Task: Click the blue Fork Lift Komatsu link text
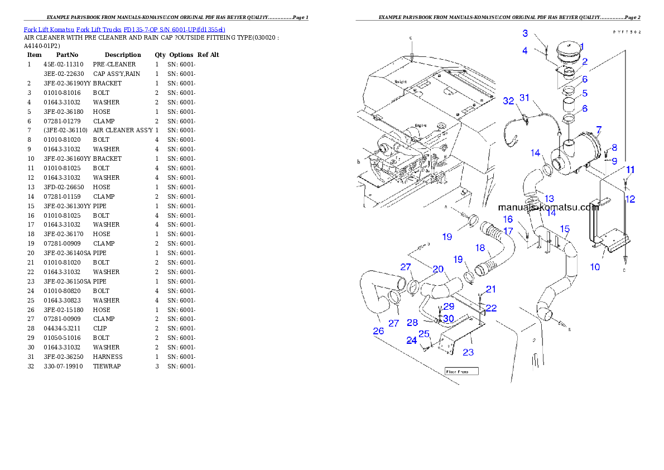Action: [x=124, y=29]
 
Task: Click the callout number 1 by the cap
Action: [x=581, y=46]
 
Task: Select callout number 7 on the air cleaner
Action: [x=598, y=130]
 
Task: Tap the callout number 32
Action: [x=508, y=101]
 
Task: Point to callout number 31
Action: [x=524, y=97]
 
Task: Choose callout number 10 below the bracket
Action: [x=595, y=267]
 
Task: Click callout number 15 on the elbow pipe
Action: [x=565, y=229]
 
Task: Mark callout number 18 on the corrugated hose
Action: [x=480, y=247]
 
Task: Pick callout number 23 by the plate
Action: [x=468, y=352]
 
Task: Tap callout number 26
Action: [x=378, y=331]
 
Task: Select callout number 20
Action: [x=438, y=269]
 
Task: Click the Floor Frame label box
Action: [x=461, y=371]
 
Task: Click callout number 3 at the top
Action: [x=525, y=33]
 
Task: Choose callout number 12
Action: [x=629, y=199]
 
